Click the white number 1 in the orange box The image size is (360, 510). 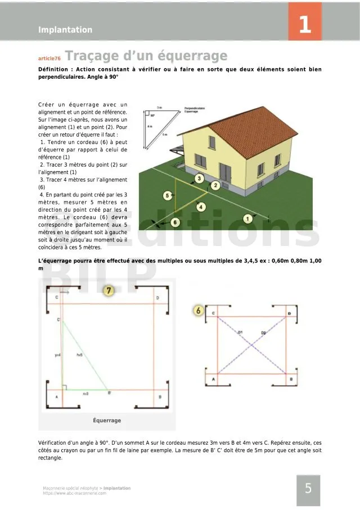[304, 25]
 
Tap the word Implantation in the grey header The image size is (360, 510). [65, 30]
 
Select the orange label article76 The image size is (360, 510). [49, 59]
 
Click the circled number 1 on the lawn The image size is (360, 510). [246, 218]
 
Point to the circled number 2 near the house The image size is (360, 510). [215, 185]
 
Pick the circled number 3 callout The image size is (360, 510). [199, 179]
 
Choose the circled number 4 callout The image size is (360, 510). [200, 207]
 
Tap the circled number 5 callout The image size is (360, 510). [168, 195]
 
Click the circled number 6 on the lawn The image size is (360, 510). [175, 222]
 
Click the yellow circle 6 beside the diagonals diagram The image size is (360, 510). [198, 310]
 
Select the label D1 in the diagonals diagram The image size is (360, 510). [240, 333]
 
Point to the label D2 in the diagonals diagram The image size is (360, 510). [263, 333]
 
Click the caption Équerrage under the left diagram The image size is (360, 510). [107, 420]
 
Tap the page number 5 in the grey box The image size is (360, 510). [308, 489]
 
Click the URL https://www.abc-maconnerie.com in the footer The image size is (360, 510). [74, 493]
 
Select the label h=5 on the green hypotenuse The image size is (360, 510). [80, 355]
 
